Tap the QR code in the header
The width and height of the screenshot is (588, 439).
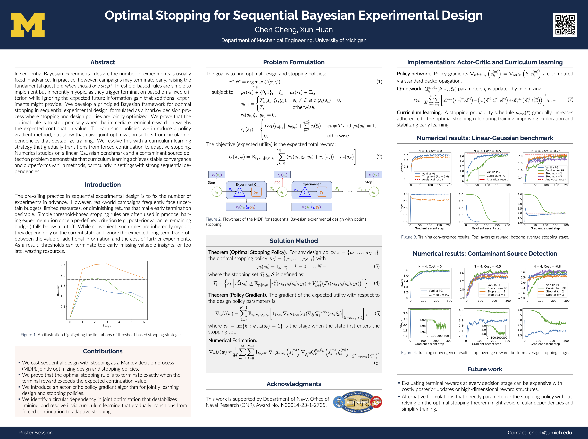(x=565, y=25)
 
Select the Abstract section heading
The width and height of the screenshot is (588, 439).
(x=103, y=62)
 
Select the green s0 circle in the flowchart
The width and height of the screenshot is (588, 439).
(x=216, y=192)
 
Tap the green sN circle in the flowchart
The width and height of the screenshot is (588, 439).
(x=373, y=192)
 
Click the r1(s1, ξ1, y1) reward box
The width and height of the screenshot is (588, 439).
(x=311, y=207)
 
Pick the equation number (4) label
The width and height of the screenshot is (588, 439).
(x=377, y=283)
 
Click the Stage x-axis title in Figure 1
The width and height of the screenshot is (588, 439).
(x=107, y=326)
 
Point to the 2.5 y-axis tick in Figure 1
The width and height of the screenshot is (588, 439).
(x=63, y=265)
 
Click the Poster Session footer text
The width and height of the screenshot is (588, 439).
(x=36, y=433)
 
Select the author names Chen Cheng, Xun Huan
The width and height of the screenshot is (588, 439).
(x=294, y=30)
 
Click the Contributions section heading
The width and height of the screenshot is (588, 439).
(x=103, y=351)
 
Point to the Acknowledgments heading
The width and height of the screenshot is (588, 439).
(x=294, y=384)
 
